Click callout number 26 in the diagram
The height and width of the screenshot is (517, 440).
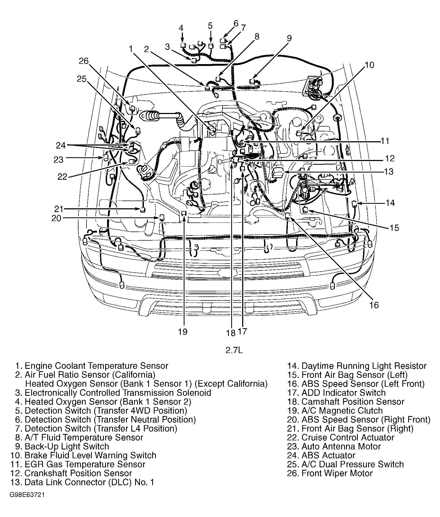[83, 61]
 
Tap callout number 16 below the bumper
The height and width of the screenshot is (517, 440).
[374, 305]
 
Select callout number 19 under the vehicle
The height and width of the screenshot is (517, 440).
[183, 332]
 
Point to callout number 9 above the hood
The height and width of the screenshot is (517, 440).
[289, 38]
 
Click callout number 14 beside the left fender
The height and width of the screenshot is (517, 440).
[390, 203]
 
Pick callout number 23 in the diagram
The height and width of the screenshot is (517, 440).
[58, 159]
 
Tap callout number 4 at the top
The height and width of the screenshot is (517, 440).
[181, 28]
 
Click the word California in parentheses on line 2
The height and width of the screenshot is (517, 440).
[133, 375]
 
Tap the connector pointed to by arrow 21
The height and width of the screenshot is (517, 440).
[143, 209]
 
